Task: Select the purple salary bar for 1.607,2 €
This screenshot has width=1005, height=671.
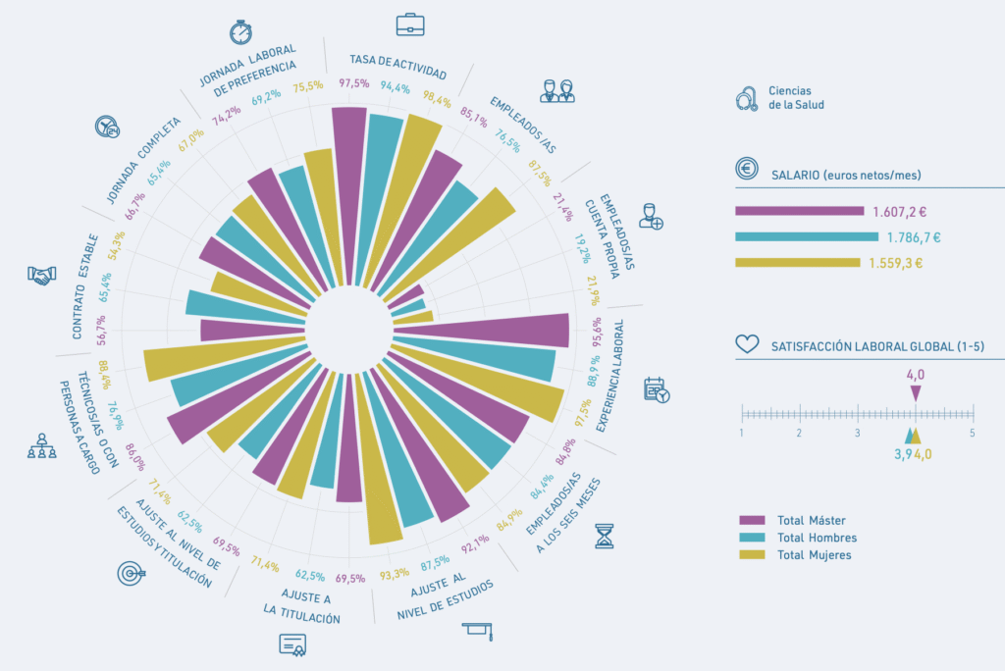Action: (799, 211)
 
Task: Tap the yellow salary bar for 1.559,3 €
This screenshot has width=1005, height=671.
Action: (797, 263)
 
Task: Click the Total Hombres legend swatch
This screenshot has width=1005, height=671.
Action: (752, 538)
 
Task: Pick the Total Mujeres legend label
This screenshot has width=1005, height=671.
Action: (814, 555)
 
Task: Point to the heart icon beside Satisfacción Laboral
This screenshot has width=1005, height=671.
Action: (747, 344)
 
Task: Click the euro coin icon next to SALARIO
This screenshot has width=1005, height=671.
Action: (747, 169)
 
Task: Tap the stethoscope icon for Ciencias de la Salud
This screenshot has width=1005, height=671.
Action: (747, 98)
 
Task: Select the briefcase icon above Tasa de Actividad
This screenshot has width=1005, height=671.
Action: (410, 25)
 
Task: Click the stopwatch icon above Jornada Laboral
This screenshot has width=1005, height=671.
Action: (240, 31)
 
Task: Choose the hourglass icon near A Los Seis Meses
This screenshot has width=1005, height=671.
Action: (606, 537)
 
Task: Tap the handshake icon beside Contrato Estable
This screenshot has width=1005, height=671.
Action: (41, 277)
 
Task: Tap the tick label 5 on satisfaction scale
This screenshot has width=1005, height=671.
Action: (972, 433)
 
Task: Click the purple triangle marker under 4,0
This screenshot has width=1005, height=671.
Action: (916, 392)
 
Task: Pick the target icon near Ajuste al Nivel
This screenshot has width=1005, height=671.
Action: (131, 571)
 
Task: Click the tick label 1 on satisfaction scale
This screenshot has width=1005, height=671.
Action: (742, 433)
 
